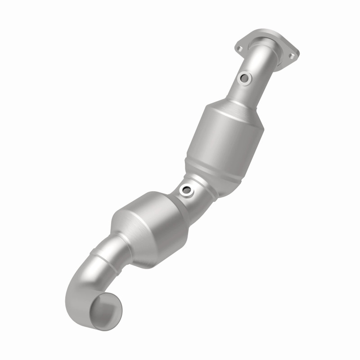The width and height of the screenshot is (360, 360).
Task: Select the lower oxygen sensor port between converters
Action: (x=185, y=190)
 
